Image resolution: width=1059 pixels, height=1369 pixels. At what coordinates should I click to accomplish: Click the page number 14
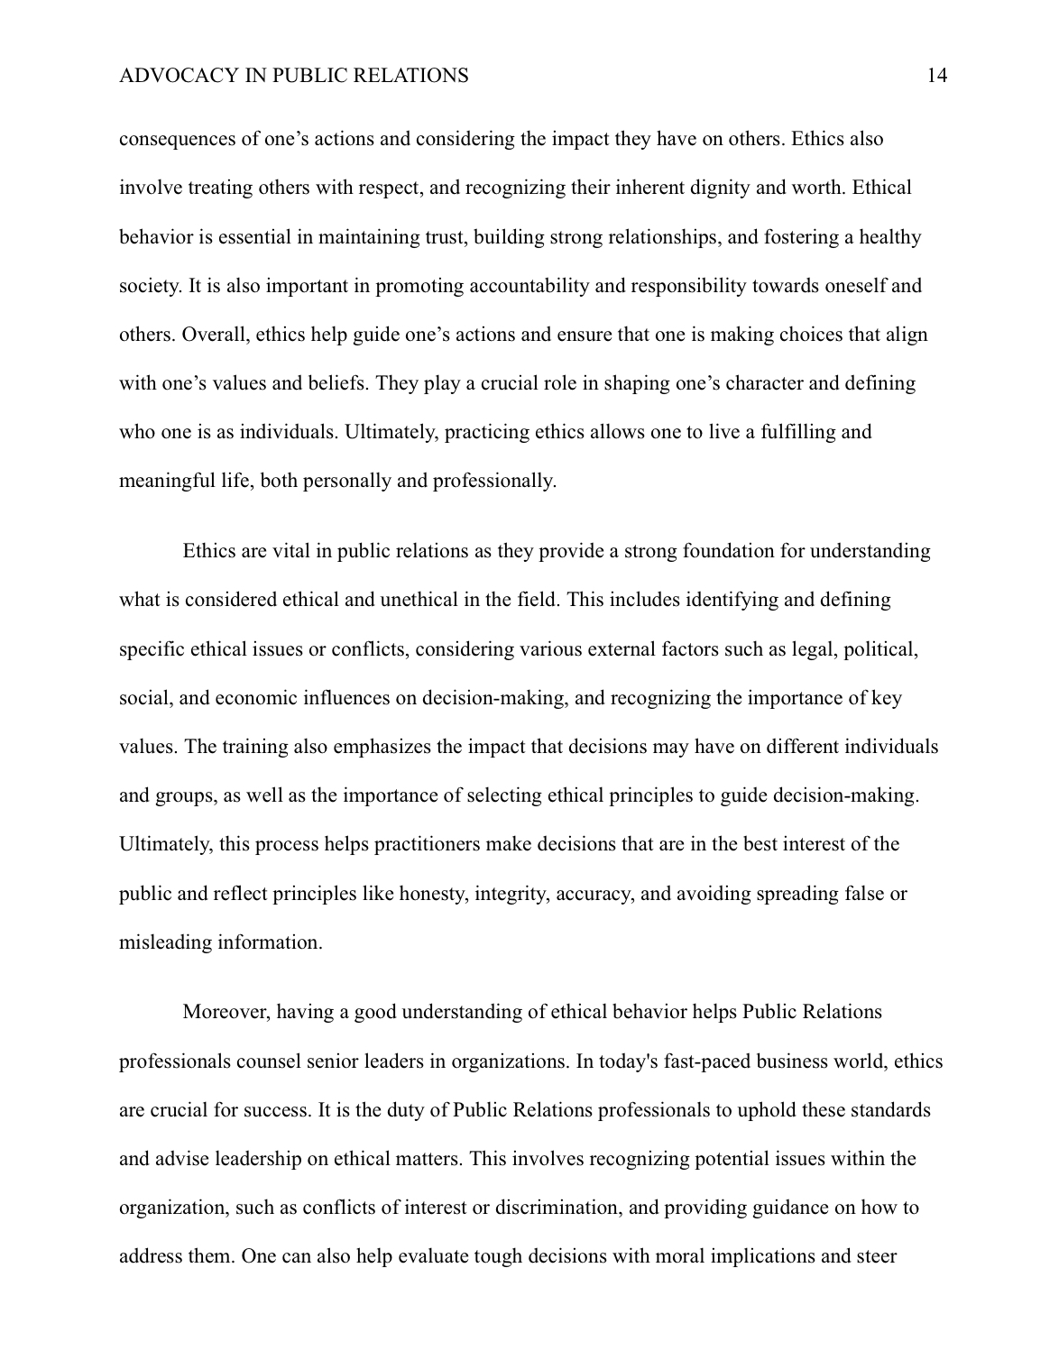click(936, 76)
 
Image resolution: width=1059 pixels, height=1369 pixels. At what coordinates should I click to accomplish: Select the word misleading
click(164, 942)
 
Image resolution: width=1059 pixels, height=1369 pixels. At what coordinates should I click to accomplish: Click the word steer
click(876, 1256)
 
